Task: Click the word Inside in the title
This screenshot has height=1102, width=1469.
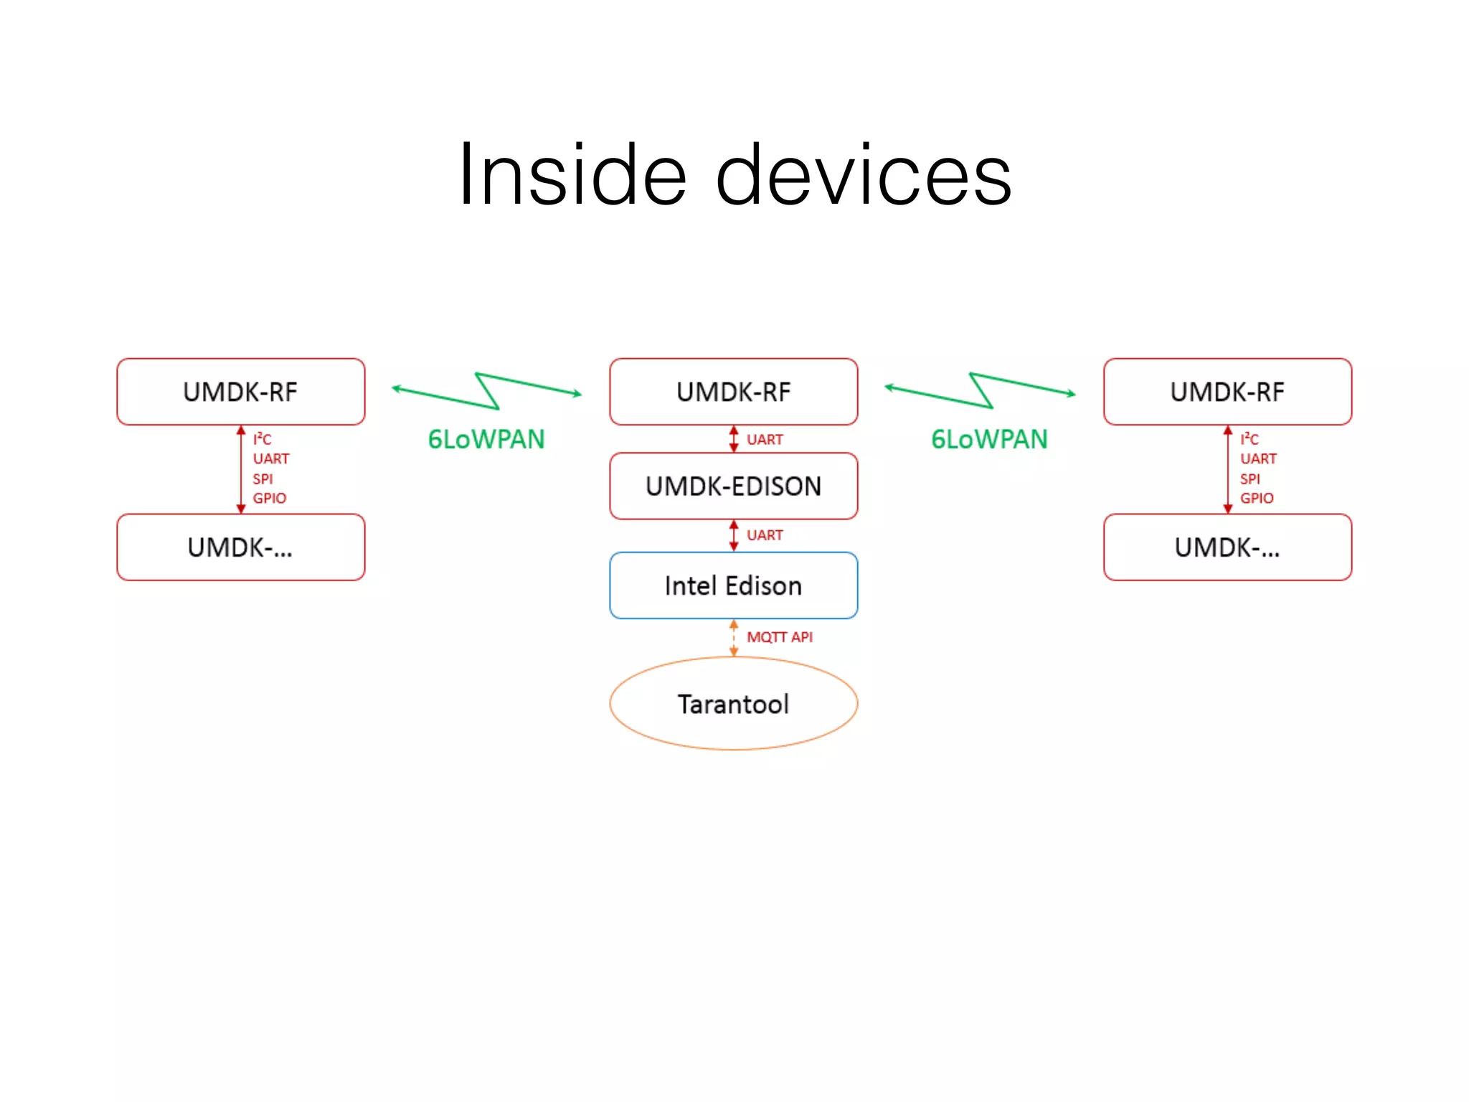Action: point(572,175)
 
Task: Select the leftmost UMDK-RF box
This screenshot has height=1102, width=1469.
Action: point(241,392)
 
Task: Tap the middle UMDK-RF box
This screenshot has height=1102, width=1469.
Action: point(733,392)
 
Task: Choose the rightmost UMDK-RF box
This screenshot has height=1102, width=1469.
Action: point(1227,392)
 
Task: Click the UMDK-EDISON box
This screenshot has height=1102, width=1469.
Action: point(733,486)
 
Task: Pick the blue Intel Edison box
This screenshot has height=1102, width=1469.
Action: point(733,585)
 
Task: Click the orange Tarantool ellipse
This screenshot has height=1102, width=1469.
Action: point(733,704)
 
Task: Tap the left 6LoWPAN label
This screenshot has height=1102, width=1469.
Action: point(486,439)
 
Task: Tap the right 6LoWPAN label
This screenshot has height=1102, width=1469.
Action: point(989,439)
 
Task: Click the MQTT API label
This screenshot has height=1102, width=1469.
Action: point(779,637)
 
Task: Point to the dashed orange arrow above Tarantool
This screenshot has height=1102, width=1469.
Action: point(733,638)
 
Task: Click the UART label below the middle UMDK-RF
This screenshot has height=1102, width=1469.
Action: point(765,439)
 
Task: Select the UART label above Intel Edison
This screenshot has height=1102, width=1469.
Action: point(765,535)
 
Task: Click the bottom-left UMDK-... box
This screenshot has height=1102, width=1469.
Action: point(241,547)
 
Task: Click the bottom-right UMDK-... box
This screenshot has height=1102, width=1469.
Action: point(1227,547)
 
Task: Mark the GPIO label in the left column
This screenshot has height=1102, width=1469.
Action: point(269,498)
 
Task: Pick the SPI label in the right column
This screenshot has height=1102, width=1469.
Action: point(1250,479)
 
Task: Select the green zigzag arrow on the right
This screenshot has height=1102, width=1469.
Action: point(980,391)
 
